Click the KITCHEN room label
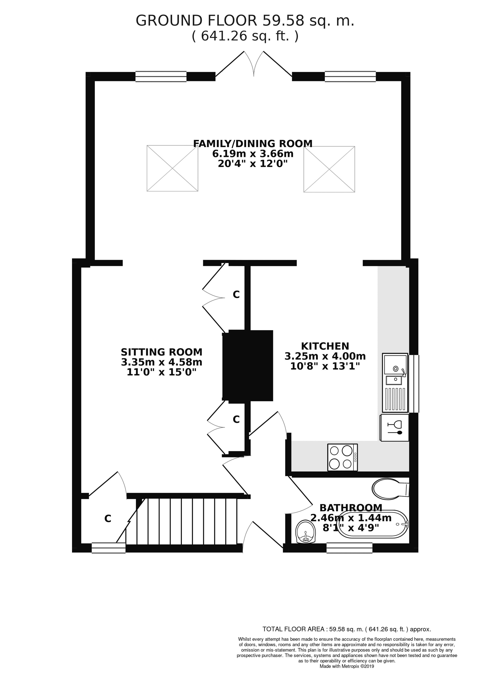tap(325, 346)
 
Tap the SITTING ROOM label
tap(161, 352)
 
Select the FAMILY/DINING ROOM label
tap(252, 144)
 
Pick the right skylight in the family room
tap(329, 169)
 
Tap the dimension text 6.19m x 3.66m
tap(252, 154)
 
